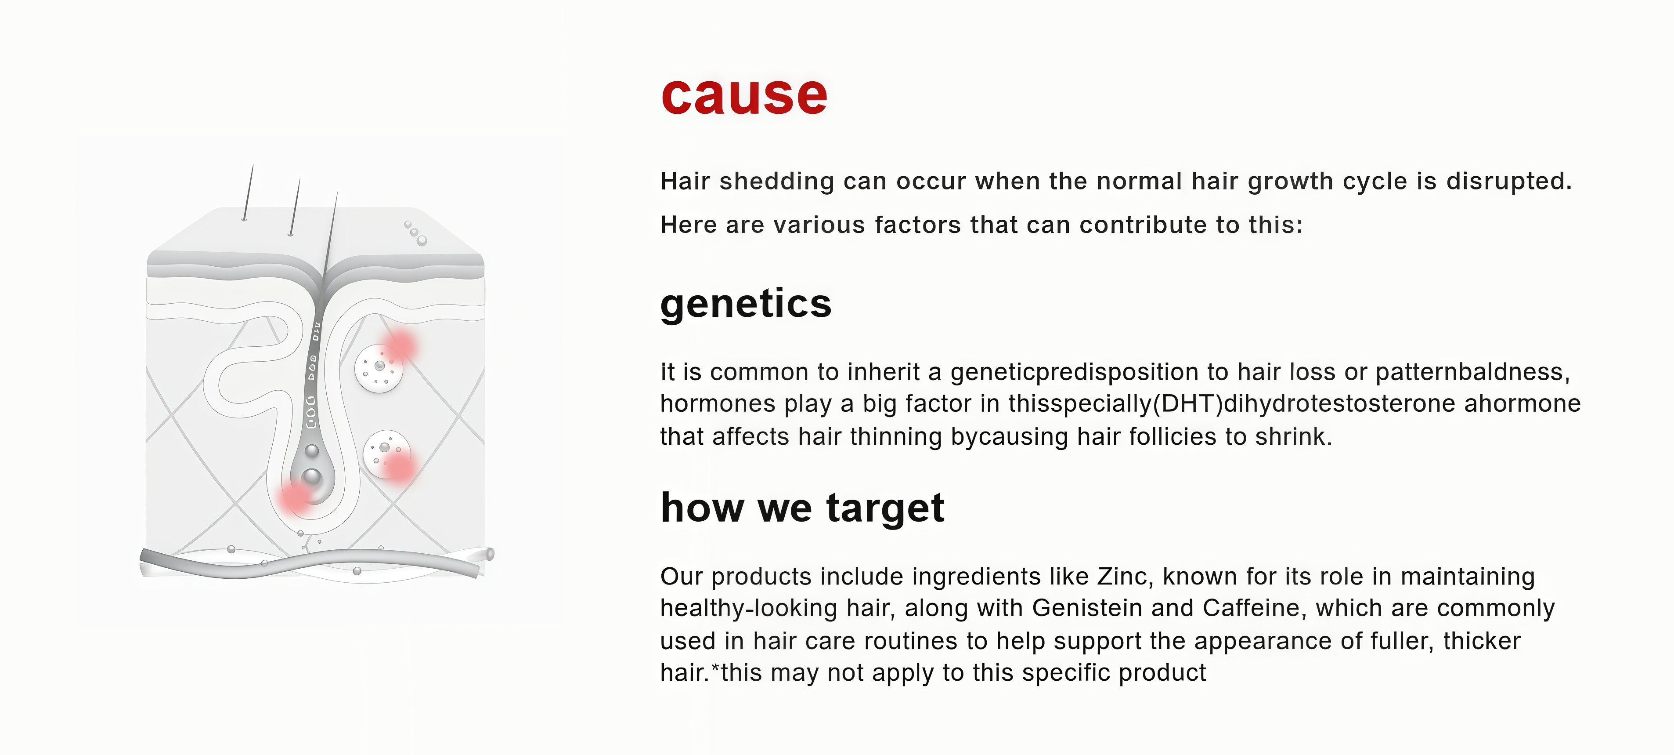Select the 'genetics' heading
pyautogui.click(x=745, y=305)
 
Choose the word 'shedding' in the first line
pyautogui.click(x=776, y=181)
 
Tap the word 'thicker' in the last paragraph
pyautogui.click(x=1482, y=641)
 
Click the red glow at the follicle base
pyautogui.click(x=296, y=497)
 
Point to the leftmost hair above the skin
pyautogui.click(x=248, y=192)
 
